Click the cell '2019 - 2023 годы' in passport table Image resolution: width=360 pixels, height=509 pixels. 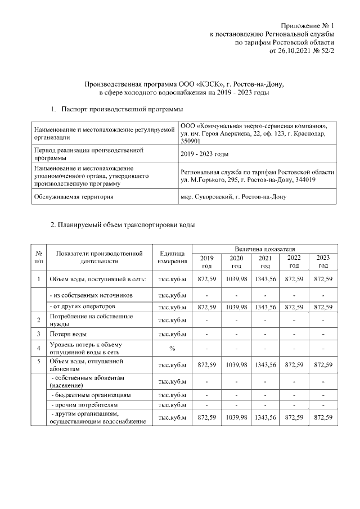click(x=205, y=154)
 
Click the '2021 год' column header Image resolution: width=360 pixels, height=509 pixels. click(x=265, y=262)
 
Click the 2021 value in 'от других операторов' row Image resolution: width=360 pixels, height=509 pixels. click(x=265, y=307)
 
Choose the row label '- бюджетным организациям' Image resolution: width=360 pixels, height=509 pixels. click(x=90, y=395)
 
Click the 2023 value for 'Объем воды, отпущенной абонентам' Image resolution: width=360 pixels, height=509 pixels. click(x=323, y=365)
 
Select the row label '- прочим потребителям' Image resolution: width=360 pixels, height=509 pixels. click(x=84, y=405)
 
